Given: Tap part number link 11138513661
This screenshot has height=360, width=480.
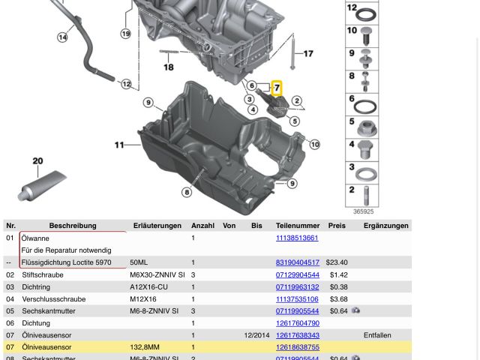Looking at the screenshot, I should pyautogui.click(x=296, y=238).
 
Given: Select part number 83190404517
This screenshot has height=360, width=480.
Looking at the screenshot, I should pyautogui.click(x=297, y=262).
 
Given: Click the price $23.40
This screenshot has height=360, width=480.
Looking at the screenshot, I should pyautogui.click(x=336, y=262).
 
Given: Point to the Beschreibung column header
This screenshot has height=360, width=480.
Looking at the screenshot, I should pyautogui.click(x=73, y=225).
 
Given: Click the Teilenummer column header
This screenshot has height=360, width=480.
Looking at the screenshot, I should pyautogui.click(x=297, y=225).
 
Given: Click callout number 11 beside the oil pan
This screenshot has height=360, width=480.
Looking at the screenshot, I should pyautogui.click(x=119, y=145).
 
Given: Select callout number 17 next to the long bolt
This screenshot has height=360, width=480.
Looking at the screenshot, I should pyautogui.click(x=307, y=54).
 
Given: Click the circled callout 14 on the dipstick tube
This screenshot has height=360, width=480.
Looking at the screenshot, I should pyautogui.click(x=62, y=37).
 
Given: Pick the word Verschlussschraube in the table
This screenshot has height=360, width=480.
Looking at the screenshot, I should pyautogui.click(x=53, y=298).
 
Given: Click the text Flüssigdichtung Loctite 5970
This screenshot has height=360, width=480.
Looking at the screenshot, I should pyautogui.click(x=66, y=262).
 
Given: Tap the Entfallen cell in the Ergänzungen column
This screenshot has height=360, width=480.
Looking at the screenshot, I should pyautogui.click(x=377, y=335).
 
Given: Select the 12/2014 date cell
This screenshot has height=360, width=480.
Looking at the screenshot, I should pyautogui.click(x=256, y=335).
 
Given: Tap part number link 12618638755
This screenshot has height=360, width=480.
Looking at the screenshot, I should pyautogui.click(x=297, y=347).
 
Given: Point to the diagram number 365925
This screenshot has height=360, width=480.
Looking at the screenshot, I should pyautogui.click(x=363, y=211).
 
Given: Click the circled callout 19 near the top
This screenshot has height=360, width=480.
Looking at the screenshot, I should pyautogui.click(x=125, y=34).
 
